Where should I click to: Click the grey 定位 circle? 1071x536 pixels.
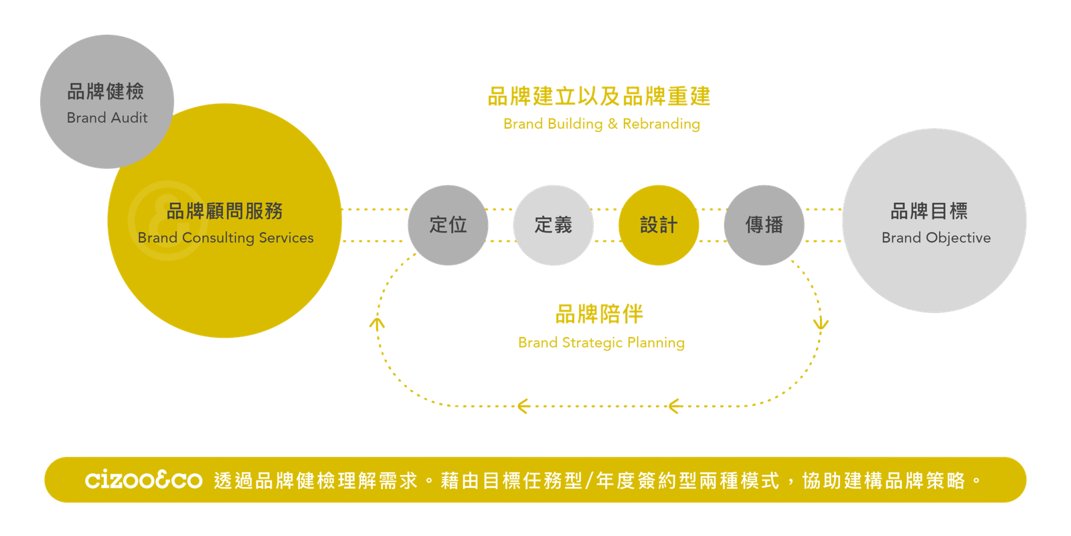(x=448, y=225)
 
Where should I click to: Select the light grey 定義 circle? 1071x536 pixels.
(x=553, y=225)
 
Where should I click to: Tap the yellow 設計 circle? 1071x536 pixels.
(x=659, y=225)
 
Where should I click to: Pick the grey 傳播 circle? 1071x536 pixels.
(x=764, y=225)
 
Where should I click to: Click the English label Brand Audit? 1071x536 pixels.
(x=107, y=118)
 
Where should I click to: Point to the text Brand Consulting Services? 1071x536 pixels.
(x=226, y=238)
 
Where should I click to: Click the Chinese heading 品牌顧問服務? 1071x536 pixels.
(x=225, y=211)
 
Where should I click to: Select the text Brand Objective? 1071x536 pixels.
(x=936, y=238)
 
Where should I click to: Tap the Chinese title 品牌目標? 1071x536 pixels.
(x=929, y=211)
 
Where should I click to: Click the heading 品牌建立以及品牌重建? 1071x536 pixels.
(x=599, y=96)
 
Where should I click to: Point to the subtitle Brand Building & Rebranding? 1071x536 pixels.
(x=601, y=124)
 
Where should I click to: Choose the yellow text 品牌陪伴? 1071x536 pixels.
(x=599, y=314)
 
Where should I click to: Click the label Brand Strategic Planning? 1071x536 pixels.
(x=601, y=343)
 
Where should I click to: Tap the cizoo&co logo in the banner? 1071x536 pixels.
(x=143, y=480)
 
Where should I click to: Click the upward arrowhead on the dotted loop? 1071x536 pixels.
(x=378, y=324)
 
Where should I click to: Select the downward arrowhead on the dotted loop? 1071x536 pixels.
(x=821, y=324)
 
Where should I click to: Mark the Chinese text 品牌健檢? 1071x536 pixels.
(x=106, y=91)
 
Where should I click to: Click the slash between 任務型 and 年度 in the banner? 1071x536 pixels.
(x=589, y=480)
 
